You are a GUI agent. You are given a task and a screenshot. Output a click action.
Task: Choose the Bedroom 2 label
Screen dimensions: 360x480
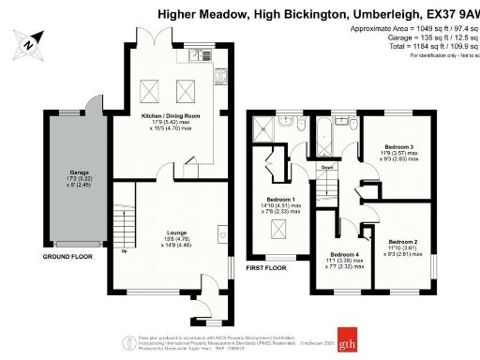(405, 241)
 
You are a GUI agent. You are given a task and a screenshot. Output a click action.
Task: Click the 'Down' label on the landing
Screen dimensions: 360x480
(328, 167)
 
